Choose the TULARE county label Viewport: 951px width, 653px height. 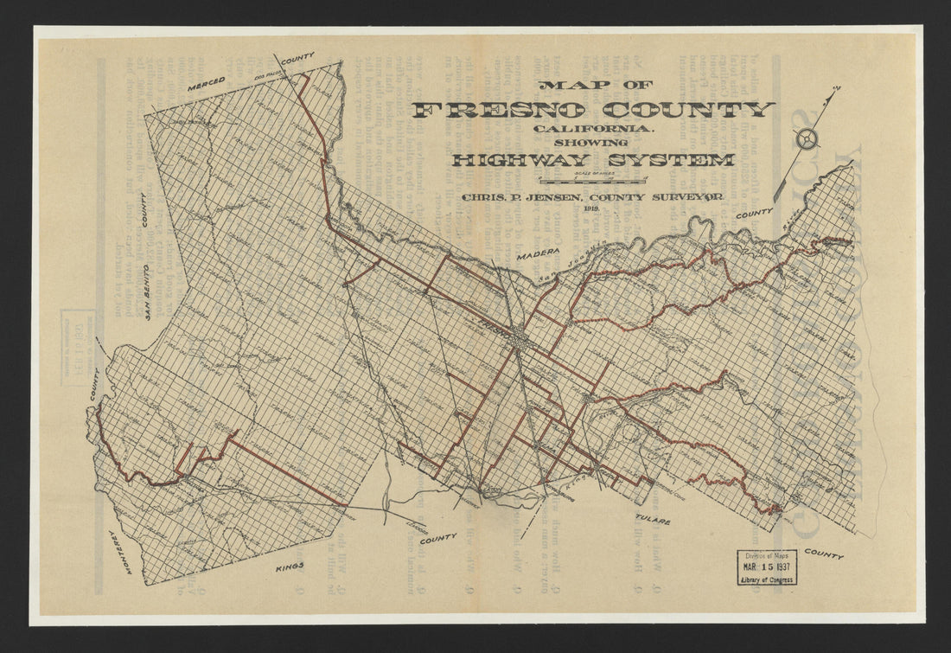click(655, 522)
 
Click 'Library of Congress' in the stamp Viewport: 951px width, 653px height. click(767, 579)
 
